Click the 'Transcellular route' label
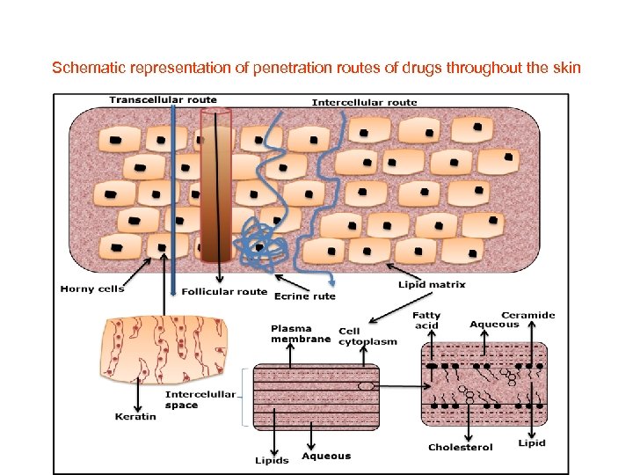[163, 99]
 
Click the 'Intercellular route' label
[364, 102]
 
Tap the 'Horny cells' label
[92, 289]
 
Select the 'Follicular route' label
[224, 291]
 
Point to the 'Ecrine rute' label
[305, 296]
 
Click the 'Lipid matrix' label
[432, 285]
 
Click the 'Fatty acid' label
[426, 320]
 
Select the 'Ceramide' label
[527, 315]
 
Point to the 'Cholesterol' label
[461, 447]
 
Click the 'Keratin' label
[135, 416]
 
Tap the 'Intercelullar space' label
[200, 399]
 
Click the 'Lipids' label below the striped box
[272, 460]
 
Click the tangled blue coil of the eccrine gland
[261, 241]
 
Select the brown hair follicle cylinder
[215, 185]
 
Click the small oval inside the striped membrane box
[366, 385]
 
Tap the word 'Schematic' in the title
[84, 67]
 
